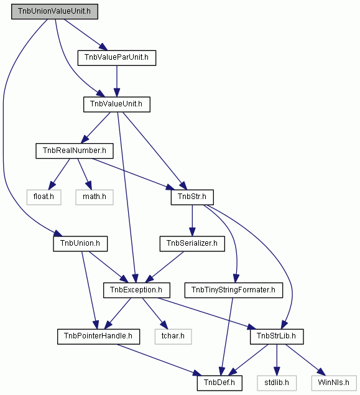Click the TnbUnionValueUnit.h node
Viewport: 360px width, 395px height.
coord(55,12)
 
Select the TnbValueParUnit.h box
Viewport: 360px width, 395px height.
coord(117,58)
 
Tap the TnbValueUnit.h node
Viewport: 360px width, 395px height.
coord(117,105)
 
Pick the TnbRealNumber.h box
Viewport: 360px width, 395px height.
coord(75,151)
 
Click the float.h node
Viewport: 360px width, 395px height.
coord(44,197)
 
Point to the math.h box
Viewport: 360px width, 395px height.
coord(95,197)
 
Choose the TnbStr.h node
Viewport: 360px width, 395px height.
coord(192,197)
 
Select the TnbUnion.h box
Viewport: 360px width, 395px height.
coord(80,244)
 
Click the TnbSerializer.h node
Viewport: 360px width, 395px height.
coord(192,244)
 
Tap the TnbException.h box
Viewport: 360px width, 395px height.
coord(137,290)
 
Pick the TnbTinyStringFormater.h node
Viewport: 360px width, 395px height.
coord(234,290)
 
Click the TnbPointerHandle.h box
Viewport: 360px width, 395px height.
coord(98,337)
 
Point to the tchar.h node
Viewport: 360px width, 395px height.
coord(173,337)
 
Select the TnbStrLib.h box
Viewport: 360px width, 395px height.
coord(277,337)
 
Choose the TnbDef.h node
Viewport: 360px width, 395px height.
coord(219,383)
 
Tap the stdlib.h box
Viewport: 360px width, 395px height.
coord(277,383)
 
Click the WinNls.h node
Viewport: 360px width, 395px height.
coord(334,383)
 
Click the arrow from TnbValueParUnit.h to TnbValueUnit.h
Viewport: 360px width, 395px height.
coord(116,81)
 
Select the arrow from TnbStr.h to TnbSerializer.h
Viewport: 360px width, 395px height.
coord(192,221)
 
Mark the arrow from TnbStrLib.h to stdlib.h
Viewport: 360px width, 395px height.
coord(277,360)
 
